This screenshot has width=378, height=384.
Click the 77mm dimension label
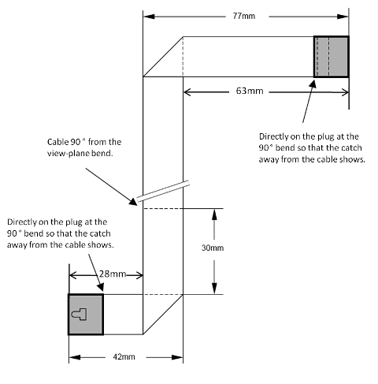243,16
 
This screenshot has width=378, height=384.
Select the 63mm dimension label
250,91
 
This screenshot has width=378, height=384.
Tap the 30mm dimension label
213,248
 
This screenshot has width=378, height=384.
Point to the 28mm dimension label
113,274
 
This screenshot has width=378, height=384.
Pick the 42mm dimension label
124,356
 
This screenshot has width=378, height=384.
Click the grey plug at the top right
332,57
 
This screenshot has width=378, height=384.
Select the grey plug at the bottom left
86,315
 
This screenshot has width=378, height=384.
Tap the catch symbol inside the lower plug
79,315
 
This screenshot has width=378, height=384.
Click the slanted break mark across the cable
163,191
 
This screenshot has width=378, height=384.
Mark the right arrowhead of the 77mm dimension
343,17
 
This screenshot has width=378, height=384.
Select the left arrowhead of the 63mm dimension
187,92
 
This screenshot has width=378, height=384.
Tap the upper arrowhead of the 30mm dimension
214,214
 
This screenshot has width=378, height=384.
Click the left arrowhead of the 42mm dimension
75,357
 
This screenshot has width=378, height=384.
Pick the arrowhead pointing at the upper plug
313,84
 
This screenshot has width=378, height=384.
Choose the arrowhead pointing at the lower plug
100,287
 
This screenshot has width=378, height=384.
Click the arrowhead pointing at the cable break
133,202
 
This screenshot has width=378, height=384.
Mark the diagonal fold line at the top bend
163,57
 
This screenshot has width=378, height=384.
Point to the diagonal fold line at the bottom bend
163,315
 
